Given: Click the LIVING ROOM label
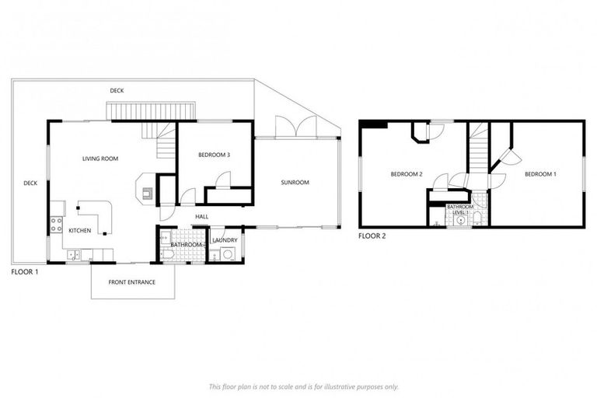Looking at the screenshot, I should click(100, 159).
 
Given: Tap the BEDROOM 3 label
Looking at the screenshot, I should click(214, 155).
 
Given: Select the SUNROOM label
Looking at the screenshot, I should click(295, 183).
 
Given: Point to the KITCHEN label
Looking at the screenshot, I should click(80, 231).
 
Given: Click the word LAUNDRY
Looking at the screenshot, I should click(225, 240).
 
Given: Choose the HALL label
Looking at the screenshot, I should click(201, 217).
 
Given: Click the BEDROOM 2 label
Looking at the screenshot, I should click(406, 174).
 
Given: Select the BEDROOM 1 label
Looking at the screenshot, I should click(540, 174).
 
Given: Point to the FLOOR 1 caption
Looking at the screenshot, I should click(25, 273).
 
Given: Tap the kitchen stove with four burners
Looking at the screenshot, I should click(56, 225).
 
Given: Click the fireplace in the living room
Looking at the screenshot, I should click(145, 189).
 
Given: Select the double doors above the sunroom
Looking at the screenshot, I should click(295, 126).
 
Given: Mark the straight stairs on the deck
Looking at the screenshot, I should click(150, 111).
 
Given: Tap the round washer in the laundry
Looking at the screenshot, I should click(229, 253).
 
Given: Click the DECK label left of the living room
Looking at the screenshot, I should click(30, 183).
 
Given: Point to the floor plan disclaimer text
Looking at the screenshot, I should click(303, 386).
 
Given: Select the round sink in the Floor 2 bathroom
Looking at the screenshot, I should click(462, 220).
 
